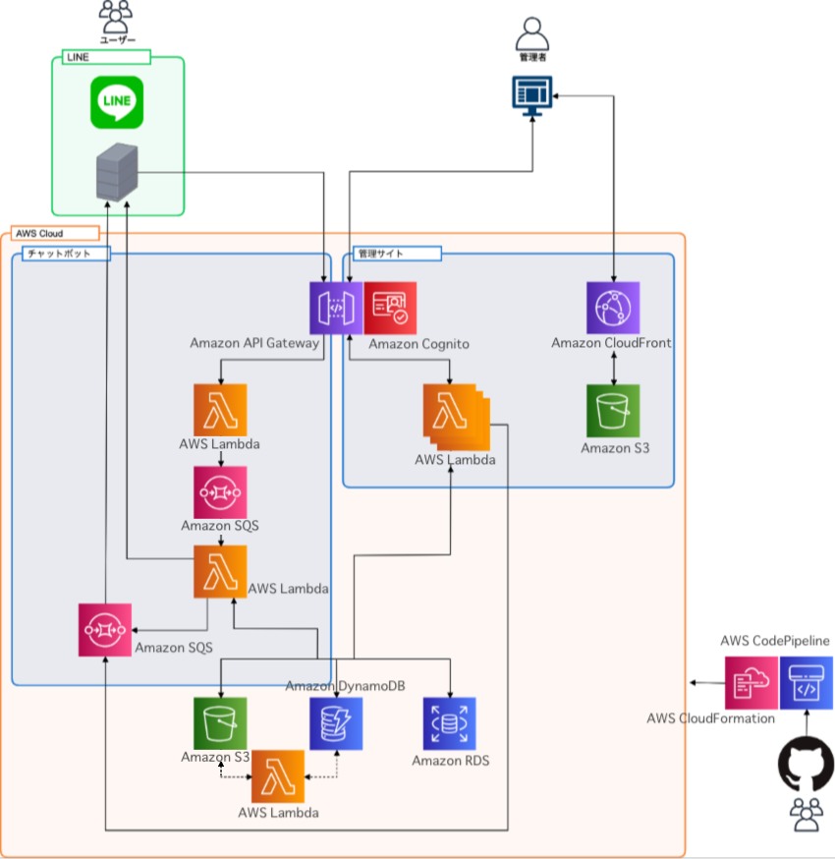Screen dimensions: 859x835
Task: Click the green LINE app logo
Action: [x=117, y=103]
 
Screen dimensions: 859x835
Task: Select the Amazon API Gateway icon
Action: [x=336, y=308]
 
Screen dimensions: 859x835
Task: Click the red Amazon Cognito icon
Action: [x=390, y=308]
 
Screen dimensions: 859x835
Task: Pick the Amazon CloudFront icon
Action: [x=613, y=308]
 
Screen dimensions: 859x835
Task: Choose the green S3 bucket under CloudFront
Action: [x=613, y=410]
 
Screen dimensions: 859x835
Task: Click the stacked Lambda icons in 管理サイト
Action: [x=454, y=413]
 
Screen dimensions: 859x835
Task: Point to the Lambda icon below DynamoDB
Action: [x=278, y=776]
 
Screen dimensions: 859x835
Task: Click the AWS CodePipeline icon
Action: [x=807, y=683]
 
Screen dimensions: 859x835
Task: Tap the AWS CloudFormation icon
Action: [x=751, y=683]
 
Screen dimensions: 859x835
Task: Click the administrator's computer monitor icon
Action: [x=531, y=95]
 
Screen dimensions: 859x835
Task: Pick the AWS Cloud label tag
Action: [x=54, y=233]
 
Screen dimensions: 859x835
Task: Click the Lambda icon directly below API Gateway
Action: [x=220, y=409]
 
